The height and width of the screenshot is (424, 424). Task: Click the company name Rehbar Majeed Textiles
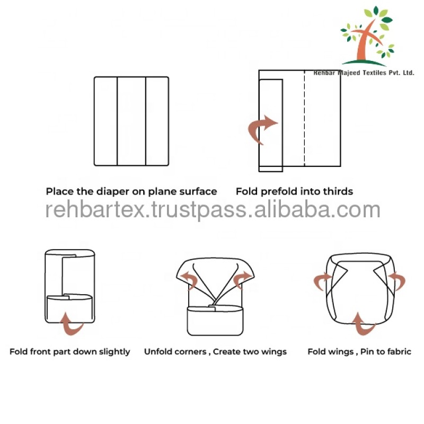pos(364,73)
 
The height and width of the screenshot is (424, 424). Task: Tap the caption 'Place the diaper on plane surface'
pos(131,191)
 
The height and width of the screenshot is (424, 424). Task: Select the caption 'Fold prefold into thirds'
pos(294,191)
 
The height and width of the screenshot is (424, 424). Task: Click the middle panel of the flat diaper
pos(131,121)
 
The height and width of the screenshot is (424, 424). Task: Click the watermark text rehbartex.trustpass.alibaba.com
pos(212,210)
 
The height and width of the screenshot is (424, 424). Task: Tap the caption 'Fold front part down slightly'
pos(69,351)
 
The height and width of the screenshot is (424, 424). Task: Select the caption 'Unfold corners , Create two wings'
pos(215,351)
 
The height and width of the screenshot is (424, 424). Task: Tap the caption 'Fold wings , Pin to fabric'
pos(359,351)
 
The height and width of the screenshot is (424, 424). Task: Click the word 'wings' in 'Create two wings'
pos(273,351)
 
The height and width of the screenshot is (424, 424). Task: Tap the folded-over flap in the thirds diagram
pos(270,125)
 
